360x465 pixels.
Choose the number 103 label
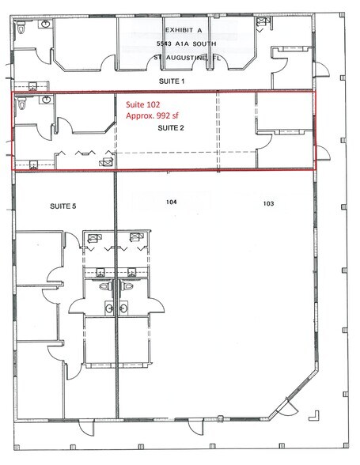tap(268, 203)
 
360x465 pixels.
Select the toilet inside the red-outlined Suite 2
tap(23, 104)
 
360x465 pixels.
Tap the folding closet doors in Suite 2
tap(82, 152)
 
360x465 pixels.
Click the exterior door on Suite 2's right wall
tap(318, 153)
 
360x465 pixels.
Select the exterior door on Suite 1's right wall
tap(322, 74)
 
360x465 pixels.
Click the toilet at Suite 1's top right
tap(260, 25)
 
